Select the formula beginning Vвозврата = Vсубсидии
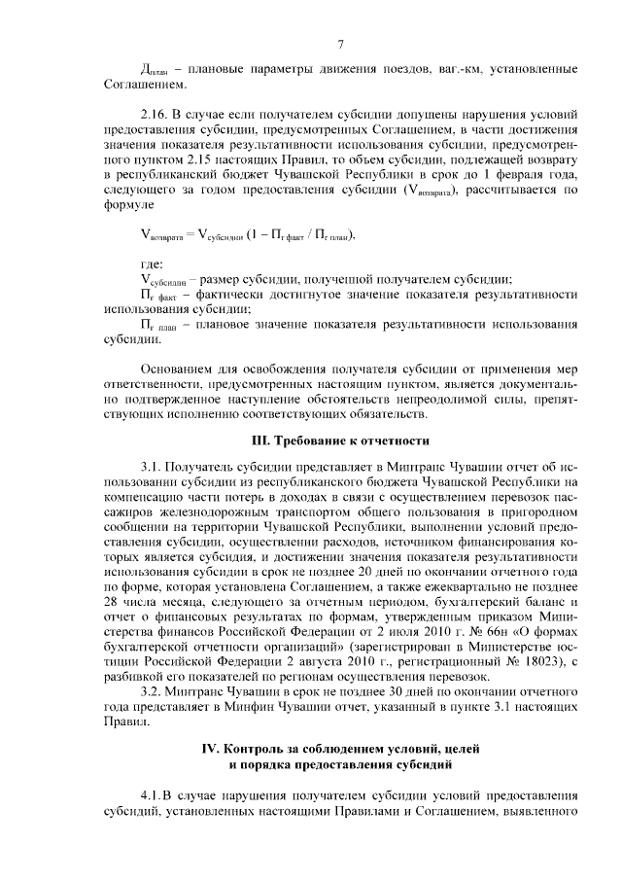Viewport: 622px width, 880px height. pyautogui.click(x=243, y=233)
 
